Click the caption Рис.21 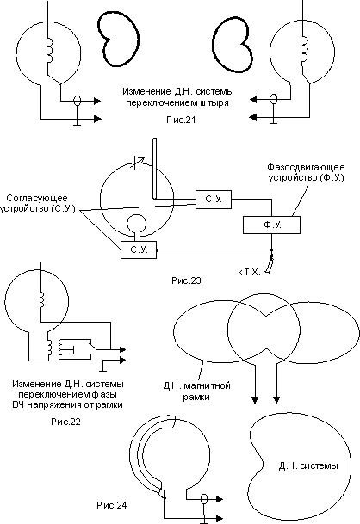pyautogui.click(x=181, y=120)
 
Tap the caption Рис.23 pyautogui.click(x=186, y=280)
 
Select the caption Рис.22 pyautogui.click(x=66, y=422)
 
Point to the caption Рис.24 pyautogui.click(x=112, y=505)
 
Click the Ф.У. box pyautogui.click(x=271, y=225)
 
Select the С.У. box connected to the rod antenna pyautogui.click(x=214, y=199)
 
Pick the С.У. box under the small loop pyautogui.click(x=139, y=250)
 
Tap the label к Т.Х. pyautogui.click(x=249, y=272)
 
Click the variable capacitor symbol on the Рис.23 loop pyautogui.click(x=138, y=163)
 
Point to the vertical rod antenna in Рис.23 pyautogui.click(x=154, y=169)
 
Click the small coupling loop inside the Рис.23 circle pyautogui.click(x=136, y=223)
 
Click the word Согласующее pyautogui.click(x=37, y=198)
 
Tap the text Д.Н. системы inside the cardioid pyautogui.click(x=308, y=465)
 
